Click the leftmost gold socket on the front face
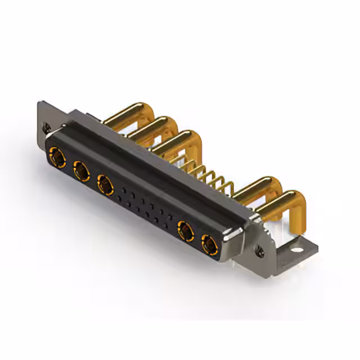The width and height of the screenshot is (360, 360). pos(57,156)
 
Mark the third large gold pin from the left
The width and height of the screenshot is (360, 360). pos(174,141)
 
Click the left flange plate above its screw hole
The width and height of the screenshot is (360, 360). pos(45,112)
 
